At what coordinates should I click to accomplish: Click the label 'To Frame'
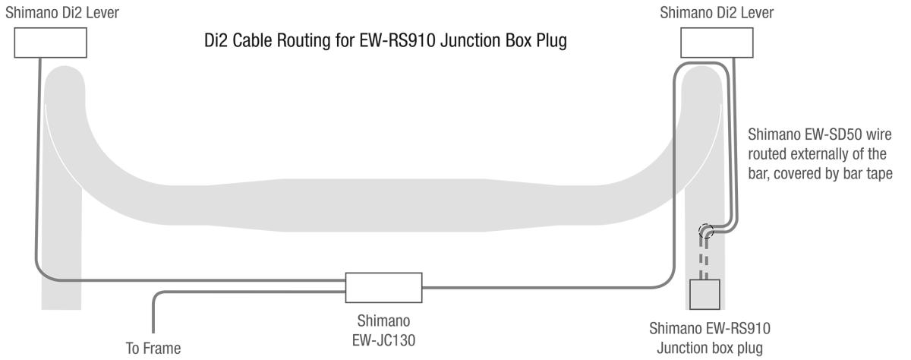pos(153,348)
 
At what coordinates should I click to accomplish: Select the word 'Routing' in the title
pos(301,41)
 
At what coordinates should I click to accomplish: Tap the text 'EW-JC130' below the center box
pos(383,340)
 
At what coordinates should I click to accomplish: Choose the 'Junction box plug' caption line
pos(710,348)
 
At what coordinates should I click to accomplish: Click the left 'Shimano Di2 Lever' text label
pos(62,13)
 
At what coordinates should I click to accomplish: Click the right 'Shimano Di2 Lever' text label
pos(717,13)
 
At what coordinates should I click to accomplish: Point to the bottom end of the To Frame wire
pos(153,333)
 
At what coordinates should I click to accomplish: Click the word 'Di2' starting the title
pos(215,40)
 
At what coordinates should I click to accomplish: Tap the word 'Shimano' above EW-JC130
pos(383,321)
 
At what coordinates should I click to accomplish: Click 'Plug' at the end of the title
pos(551,41)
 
